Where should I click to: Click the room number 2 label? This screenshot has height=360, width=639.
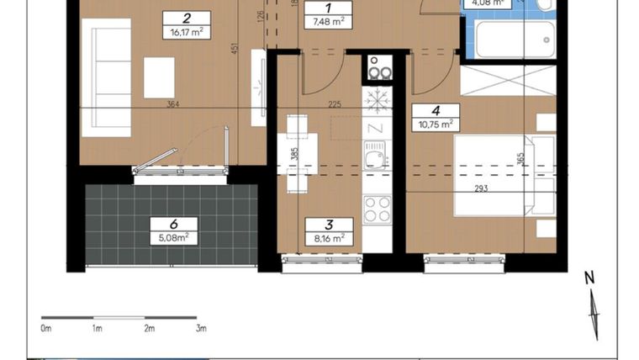coord(185,18)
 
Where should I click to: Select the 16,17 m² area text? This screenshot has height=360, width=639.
coord(185,33)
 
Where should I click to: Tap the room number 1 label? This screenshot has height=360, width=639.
coord(326,9)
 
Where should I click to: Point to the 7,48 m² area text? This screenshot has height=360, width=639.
coord(326,23)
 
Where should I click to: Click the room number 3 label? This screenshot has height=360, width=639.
coord(329,225)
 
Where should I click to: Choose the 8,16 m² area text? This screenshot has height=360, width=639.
coord(329,238)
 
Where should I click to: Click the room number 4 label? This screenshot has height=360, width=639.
coord(436,110)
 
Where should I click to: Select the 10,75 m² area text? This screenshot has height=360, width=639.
coord(436,124)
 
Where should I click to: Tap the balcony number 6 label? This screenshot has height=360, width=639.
coord(173,224)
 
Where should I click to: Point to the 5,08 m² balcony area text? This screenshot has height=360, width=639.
coord(173,237)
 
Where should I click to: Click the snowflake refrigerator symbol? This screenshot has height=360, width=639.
coord(378,101)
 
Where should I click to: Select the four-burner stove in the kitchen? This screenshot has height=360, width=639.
coord(378,209)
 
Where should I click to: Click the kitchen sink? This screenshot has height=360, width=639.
coord(375,155)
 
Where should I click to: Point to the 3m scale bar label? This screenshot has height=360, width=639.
coord(201,328)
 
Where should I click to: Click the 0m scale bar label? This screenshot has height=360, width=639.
coord(47,328)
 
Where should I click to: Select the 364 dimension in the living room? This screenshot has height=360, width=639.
coord(175,104)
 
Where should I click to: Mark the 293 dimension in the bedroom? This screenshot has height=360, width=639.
coord(481,188)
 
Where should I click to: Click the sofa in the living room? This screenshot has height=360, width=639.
coord(111,77)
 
